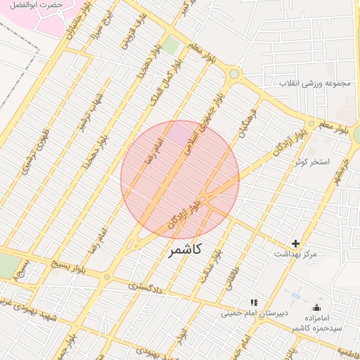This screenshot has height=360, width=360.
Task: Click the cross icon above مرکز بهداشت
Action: point(295,243)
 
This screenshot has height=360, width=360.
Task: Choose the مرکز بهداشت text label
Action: point(295,253)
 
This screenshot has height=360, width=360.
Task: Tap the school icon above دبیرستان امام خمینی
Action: point(254,302)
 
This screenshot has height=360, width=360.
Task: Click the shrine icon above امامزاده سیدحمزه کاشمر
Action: point(316,307)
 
